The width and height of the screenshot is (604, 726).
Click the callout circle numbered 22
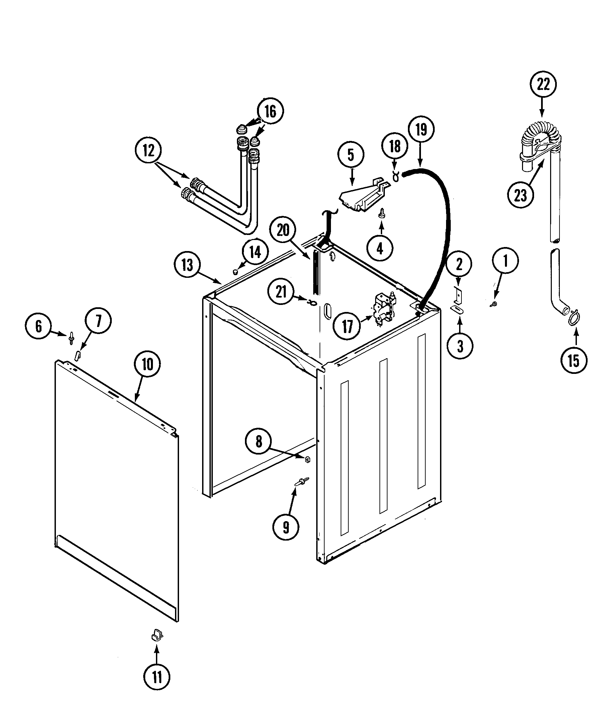[543, 84]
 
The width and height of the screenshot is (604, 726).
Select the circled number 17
[347, 326]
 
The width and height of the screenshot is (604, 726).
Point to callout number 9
[286, 527]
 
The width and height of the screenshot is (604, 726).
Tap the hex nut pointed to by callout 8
[307, 459]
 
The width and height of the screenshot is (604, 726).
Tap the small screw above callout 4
[382, 212]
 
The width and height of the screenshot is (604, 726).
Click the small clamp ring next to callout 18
[395, 176]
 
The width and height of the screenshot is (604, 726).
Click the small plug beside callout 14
[235, 272]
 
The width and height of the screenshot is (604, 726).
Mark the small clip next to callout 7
[78, 355]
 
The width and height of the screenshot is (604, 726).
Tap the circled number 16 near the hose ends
[270, 111]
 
